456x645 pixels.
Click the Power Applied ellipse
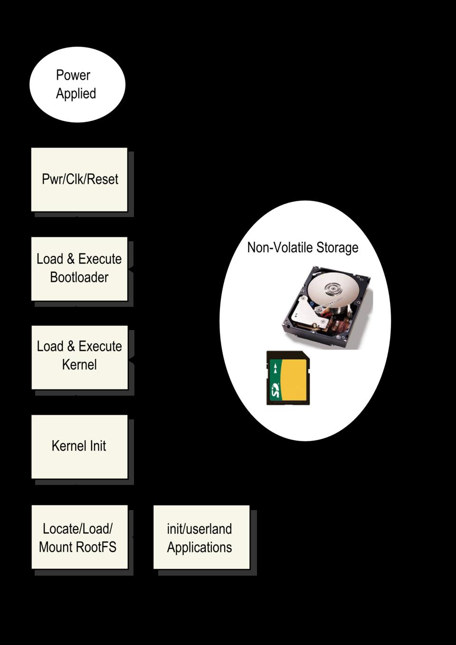[x=77, y=85]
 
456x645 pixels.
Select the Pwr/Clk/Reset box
[x=79, y=180]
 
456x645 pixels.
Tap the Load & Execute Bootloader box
[x=79, y=268]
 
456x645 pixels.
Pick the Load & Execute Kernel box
[x=79, y=357]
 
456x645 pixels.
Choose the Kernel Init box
[x=79, y=446]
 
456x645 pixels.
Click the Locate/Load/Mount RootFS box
[x=79, y=537]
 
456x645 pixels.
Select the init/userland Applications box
[x=201, y=537]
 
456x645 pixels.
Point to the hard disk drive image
[x=327, y=308]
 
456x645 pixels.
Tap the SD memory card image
[x=288, y=378]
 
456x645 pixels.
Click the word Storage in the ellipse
[x=337, y=247]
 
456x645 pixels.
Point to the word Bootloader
[x=79, y=277]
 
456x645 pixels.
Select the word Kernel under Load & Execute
[x=79, y=365]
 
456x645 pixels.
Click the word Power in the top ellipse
[x=73, y=75]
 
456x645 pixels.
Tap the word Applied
[x=76, y=94]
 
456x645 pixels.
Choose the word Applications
[x=199, y=547]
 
